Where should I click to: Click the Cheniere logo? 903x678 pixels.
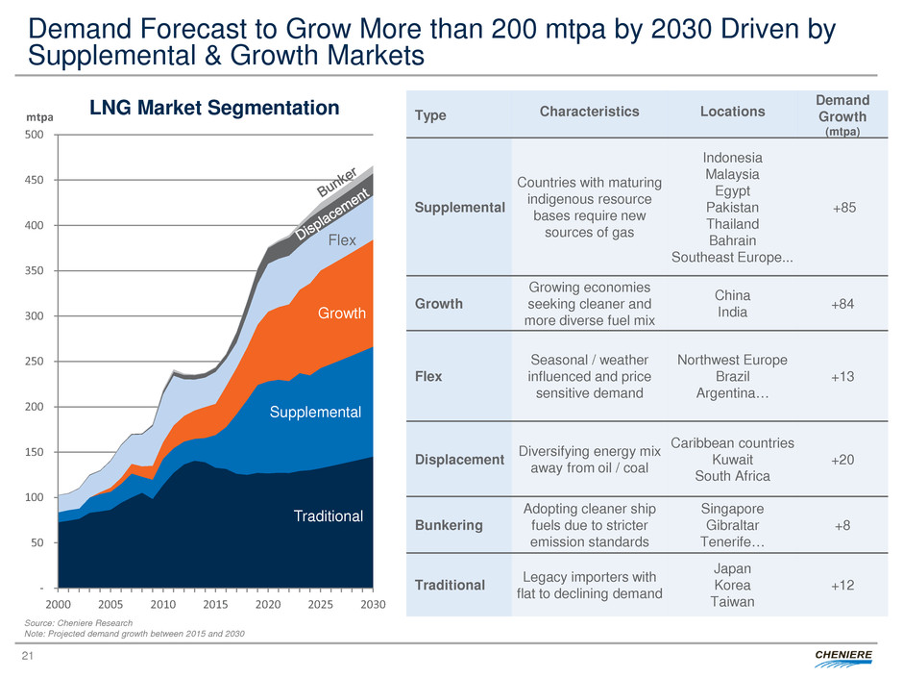click(x=844, y=656)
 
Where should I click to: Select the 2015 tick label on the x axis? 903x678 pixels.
click(x=215, y=604)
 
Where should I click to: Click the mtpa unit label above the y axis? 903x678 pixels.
click(x=39, y=115)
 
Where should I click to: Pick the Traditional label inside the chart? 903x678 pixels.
click(x=329, y=516)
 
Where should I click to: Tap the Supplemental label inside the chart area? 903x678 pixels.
click(x=314, y=412)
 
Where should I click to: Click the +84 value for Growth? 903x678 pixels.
click(x=842, y=303)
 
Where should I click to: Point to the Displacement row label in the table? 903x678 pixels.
click(x=460, y=460)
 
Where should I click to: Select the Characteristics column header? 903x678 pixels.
click(x=589, y=112)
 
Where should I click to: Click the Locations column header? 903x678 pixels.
click(x=733, y=112)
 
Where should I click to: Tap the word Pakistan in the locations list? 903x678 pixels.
click(x=733, y=207)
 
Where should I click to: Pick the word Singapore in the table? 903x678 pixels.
click(x=733, y=510)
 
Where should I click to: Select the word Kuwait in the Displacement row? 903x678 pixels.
click(x=733, y=460)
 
